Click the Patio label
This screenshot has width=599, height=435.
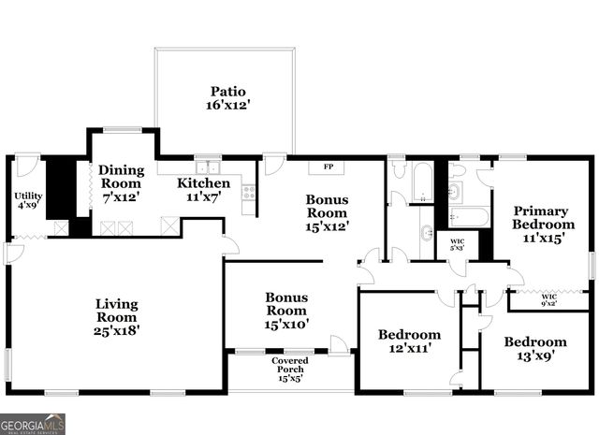point(227,92)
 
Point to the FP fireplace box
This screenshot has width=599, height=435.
point(329,167)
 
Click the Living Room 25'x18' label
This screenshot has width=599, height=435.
point(117,317)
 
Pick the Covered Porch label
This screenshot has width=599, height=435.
point(290,369)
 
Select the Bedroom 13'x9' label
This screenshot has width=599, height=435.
point(534,349)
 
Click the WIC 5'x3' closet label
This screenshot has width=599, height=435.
point(458,245)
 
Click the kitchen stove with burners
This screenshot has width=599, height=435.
point(249,192)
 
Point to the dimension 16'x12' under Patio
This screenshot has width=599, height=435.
point(227,107)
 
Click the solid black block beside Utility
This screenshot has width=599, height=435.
point(61,189)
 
